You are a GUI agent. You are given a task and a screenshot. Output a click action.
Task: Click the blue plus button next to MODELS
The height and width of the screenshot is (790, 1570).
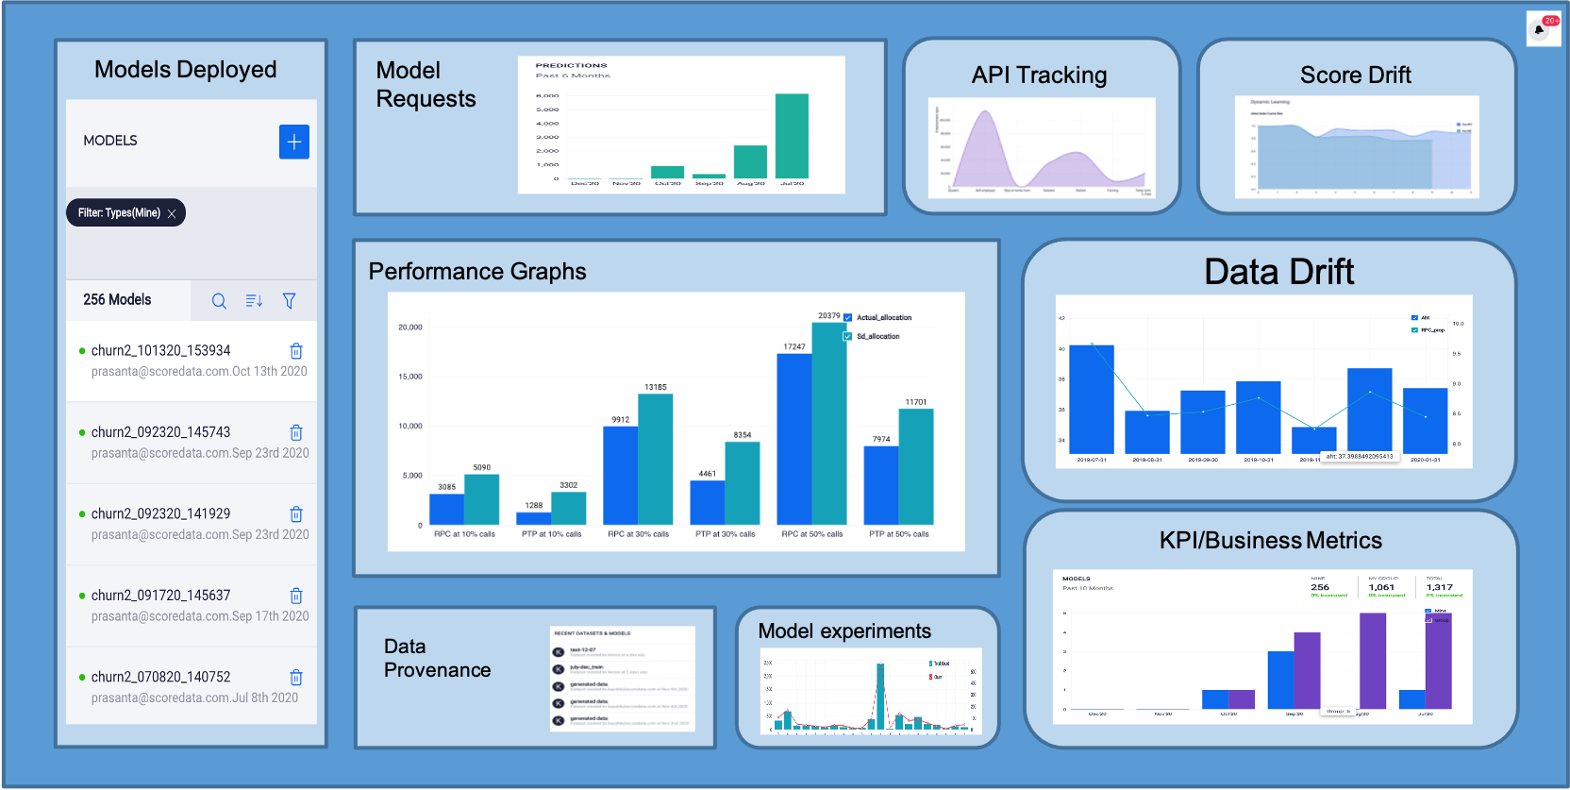coord(294,142)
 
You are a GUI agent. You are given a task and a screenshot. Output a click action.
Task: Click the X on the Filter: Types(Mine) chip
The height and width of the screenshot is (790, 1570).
coord(172,213)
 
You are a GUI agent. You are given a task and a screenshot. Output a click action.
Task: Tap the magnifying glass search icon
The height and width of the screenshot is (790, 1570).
coord(219,301)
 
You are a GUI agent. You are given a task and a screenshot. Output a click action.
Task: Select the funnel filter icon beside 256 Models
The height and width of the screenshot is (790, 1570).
coord(290,301)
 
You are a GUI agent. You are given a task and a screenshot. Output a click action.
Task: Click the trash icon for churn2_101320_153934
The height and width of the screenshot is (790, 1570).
coord(296,351)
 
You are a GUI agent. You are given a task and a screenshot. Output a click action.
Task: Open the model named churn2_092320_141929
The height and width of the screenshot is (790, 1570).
coord(160,513)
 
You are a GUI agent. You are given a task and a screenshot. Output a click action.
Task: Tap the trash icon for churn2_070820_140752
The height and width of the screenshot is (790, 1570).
coord(296,678)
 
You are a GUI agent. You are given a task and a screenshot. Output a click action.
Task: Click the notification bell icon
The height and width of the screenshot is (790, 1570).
coord(1540,29)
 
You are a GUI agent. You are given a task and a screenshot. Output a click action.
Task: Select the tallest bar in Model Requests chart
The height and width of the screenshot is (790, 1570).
coord(792,136)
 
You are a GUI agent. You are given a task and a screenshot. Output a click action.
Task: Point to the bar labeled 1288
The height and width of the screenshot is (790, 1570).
coord(534,518)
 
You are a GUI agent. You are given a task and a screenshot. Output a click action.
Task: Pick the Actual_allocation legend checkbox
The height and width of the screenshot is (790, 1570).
coord(848,318)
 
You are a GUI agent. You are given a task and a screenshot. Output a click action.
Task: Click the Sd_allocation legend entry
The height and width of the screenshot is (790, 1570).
coord(877,337)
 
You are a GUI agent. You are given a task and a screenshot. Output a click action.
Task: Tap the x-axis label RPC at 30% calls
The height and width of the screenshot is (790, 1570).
coord(638,534)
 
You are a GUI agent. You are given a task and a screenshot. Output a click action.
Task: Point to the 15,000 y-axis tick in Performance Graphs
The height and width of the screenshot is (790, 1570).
coord(410,377)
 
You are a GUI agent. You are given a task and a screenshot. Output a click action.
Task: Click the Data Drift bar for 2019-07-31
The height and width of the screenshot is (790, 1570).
coord(1092,398)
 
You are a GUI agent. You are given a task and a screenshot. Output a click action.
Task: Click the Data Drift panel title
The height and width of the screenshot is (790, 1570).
coord(1278,272)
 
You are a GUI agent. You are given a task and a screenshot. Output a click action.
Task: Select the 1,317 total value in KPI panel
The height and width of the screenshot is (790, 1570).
coord(1439,587)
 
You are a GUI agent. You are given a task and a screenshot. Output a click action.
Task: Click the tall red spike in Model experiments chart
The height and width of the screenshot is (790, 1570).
coord(880,694)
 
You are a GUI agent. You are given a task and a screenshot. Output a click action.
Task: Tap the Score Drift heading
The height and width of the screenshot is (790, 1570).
coord(1355,75)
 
